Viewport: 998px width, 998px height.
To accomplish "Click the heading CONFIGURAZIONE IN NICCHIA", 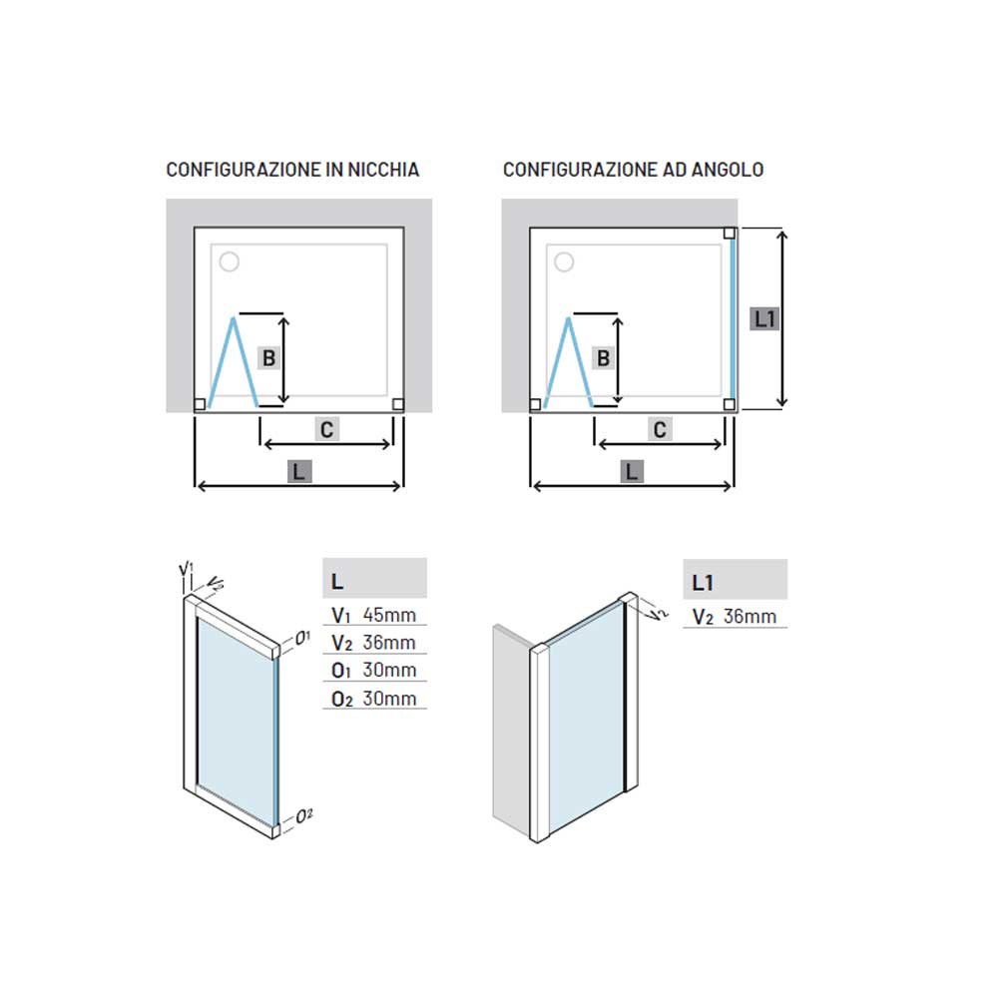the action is click(x=292, y=170).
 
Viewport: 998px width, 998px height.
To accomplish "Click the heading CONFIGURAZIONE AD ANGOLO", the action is click(x=634, y=170).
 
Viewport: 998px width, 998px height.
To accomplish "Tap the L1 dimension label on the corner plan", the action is click(x=765, y=319).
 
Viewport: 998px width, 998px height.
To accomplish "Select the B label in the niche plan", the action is click(x=269, y=358).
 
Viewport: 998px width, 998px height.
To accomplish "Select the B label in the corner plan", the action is click(x=604, y=358).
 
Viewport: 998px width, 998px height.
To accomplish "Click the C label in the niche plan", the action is click(x=326, y=429).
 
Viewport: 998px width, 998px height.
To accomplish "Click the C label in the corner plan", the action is click(x=660, y=429).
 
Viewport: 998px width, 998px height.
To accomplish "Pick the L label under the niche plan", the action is click(x=299, y=472).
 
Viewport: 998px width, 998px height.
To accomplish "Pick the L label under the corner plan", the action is click(x=632, y=472).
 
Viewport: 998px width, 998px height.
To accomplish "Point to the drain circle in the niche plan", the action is click(x=230, y=261).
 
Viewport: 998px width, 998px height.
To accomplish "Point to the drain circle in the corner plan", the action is click(x=564, y=261).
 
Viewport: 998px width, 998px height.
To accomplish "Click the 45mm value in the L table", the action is click(x=389, y=615).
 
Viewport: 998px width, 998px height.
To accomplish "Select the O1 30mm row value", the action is click(x=389, y=670).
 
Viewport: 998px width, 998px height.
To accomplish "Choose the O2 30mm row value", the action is click(x=389, y=699).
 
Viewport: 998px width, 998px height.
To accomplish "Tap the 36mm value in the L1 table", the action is click(x=749, y=616).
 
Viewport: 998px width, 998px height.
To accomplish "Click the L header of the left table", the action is click(x=337, y=581).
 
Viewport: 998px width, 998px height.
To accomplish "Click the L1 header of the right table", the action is click(x=703, y=583).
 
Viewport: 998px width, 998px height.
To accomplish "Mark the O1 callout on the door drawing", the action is click(x=302, y=637).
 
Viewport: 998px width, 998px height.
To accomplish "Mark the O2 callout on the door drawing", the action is click(x=304, y=815).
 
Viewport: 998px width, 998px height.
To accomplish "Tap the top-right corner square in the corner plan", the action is click(x=730, y=234).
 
